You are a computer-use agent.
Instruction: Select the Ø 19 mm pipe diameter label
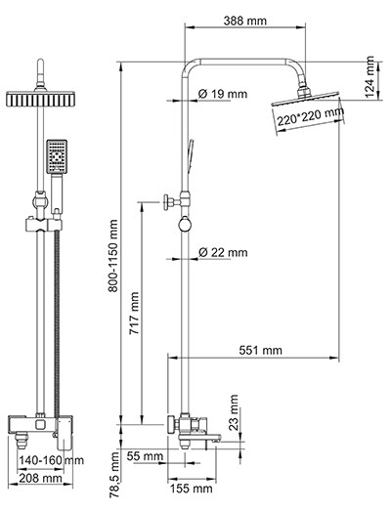[x=223, y=94]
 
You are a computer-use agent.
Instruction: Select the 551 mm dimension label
[x=259, y=350]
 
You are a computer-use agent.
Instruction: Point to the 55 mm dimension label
[x=146, y=456]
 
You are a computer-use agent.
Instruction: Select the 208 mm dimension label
[x=42, y=480]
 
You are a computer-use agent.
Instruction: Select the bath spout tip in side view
[x=239, y=442]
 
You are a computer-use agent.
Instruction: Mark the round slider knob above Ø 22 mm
[x=183, y=229]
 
